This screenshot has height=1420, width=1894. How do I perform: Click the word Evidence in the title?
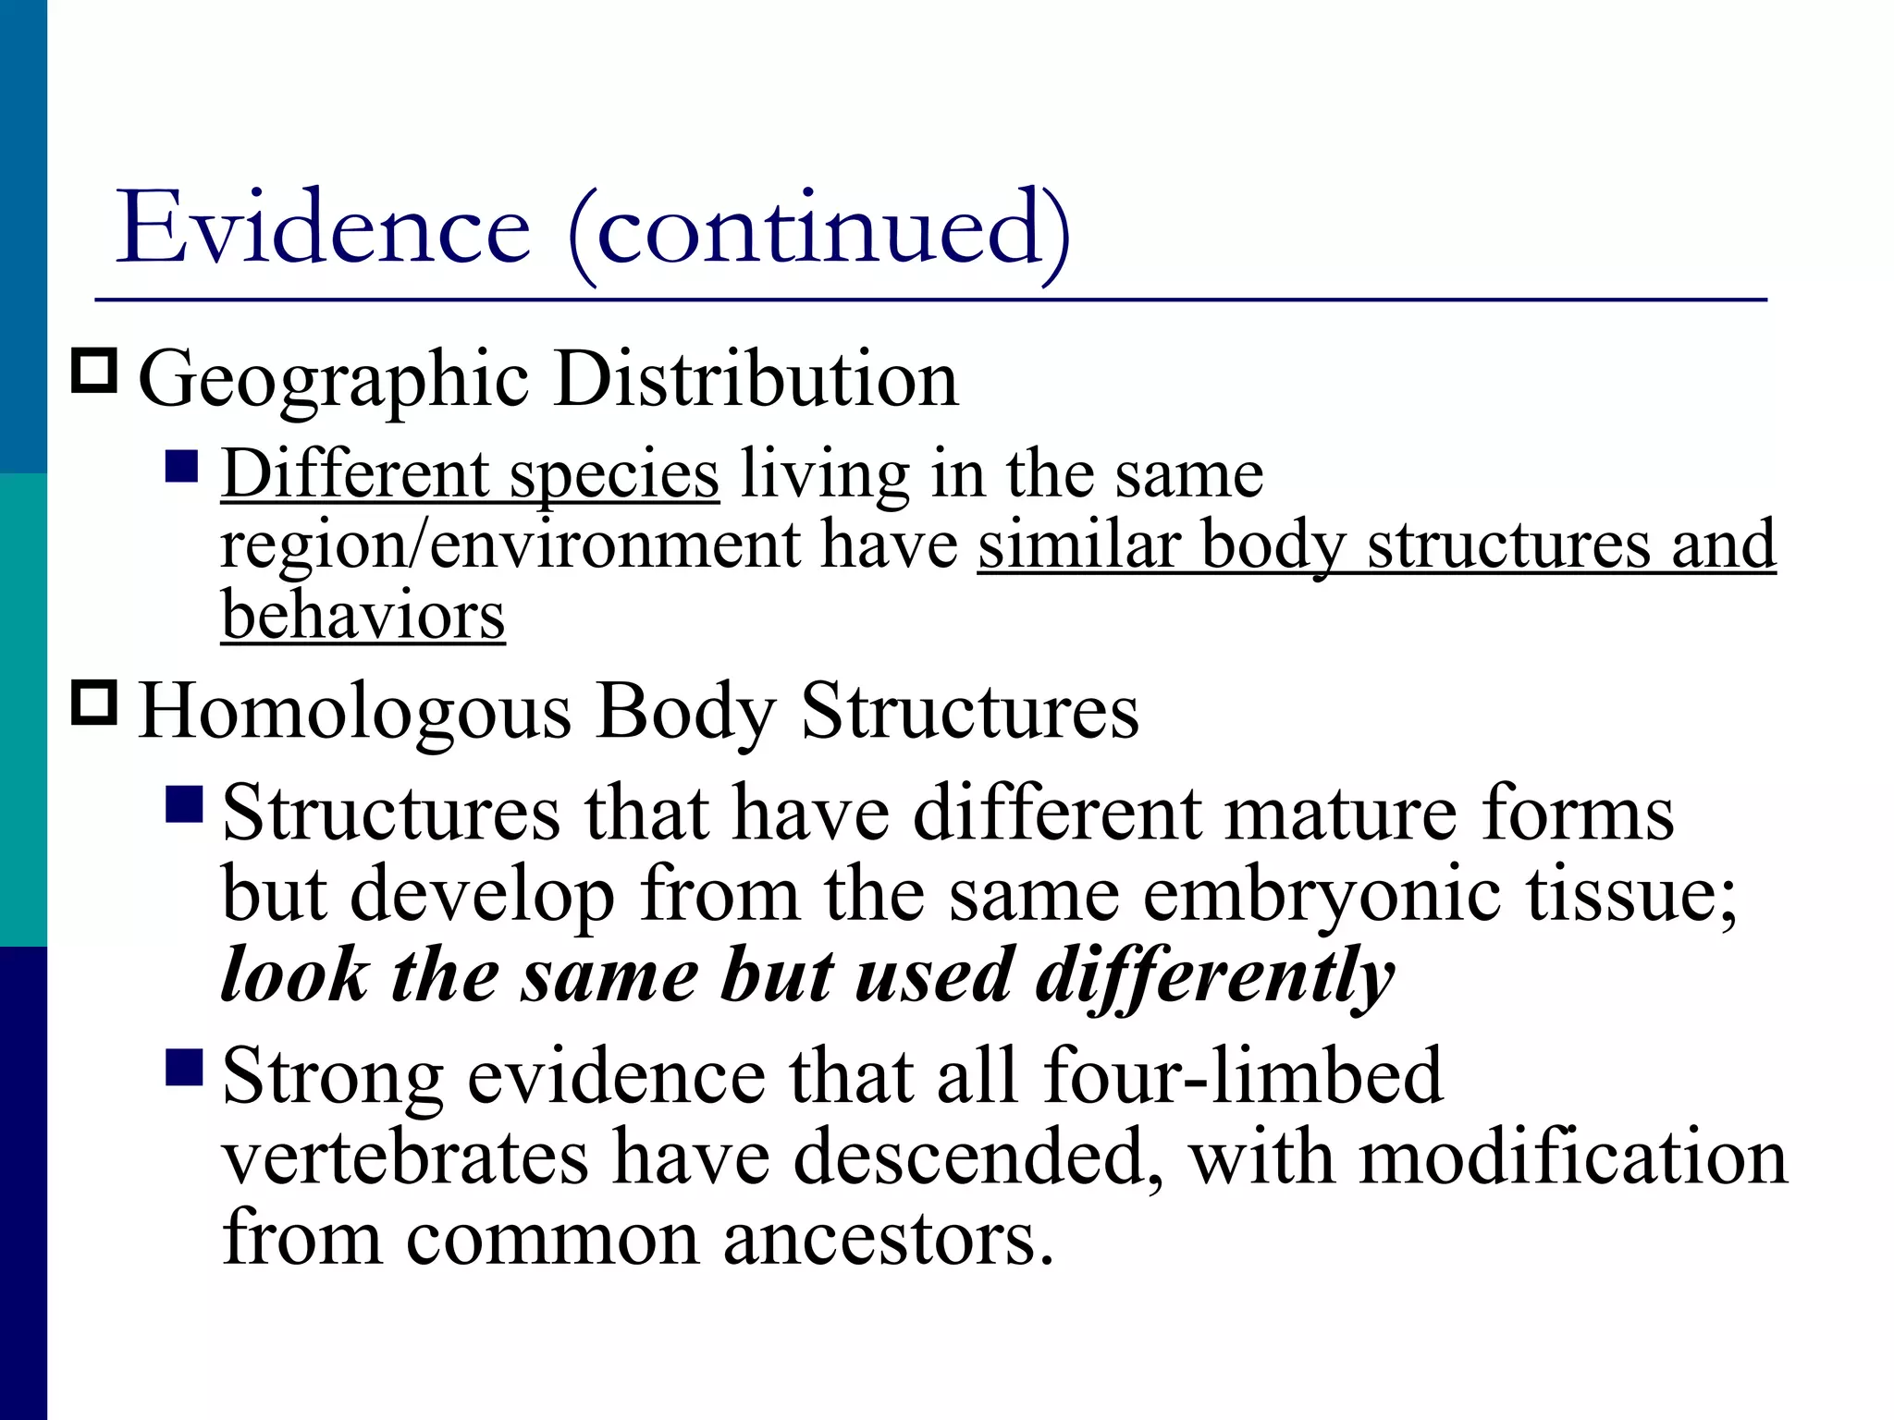pos(323,227)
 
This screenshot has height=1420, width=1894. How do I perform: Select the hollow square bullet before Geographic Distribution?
pos(94,372)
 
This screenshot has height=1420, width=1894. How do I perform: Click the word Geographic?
pos(334,381)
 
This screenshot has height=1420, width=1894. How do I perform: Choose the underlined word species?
pos(614,475)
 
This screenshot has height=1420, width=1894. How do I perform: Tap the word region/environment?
pos(509,545)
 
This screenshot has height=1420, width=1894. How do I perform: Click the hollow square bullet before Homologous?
pos(94,703)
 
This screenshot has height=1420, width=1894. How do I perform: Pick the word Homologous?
pos(355,713)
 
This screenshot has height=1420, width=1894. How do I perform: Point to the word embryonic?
pos(1322,895)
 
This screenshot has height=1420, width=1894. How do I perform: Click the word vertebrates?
pos(405,1157)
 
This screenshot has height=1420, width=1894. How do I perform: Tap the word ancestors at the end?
pos(887,1239)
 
